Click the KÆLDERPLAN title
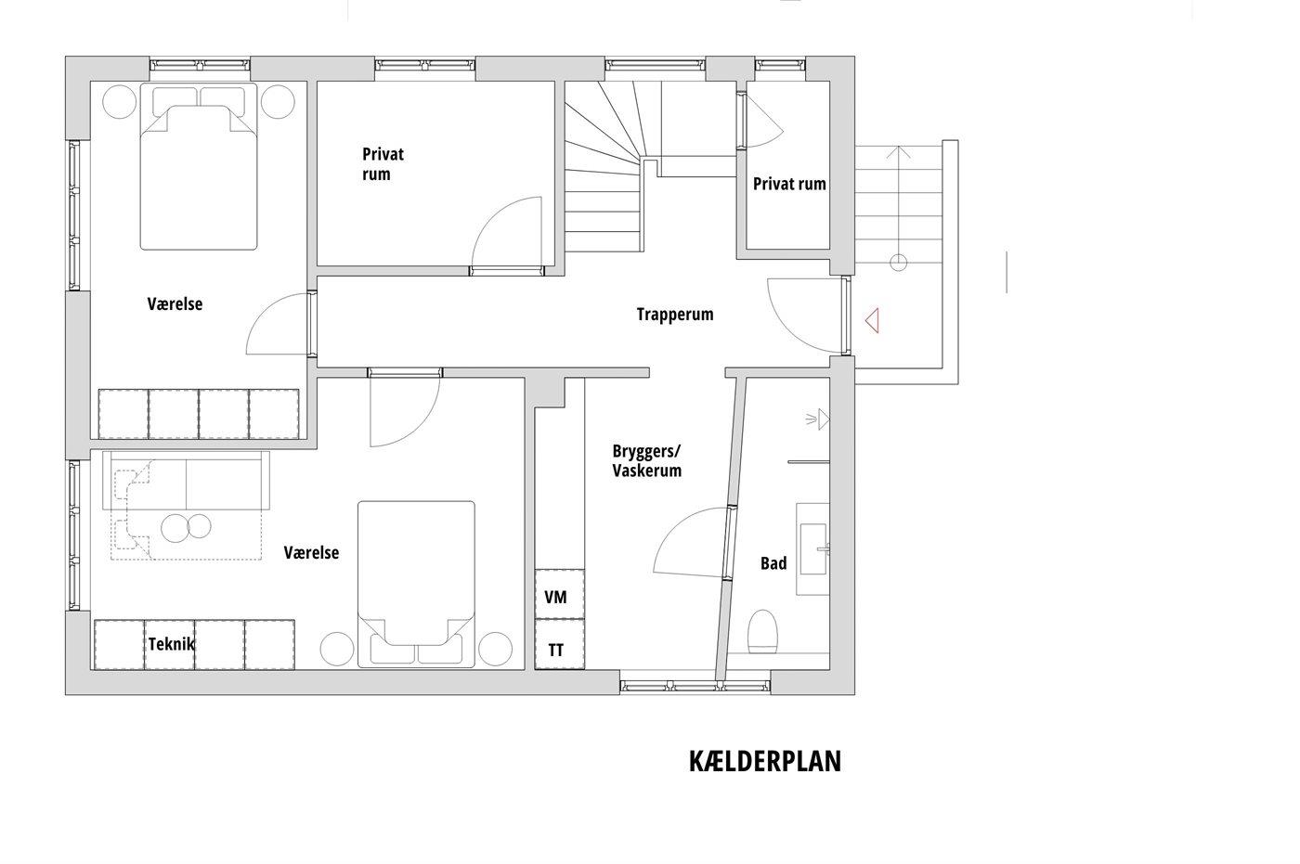[x=765, y=761]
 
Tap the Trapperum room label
[x=675, y=315]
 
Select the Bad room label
[x=773, y=563]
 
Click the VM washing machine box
[x=559, y=594]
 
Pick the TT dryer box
[x=559, y=644]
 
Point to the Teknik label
[x=171, y=644]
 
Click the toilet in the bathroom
[x=762, y=631]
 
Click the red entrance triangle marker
[x=872, y=321]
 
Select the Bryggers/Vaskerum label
[x=646, y=460]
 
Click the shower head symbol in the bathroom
[x=818, y=419]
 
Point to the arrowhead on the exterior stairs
[x=899, y=152]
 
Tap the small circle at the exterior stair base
[x=899, y=263]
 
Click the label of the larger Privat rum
[x=383, y=164]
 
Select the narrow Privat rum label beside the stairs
[x=789, y=184]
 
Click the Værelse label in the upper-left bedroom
[x=175, y=303]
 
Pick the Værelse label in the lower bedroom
[x=311, y=552]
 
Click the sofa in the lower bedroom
[x=186, y=480]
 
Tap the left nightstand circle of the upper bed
[x=120, y=101]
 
